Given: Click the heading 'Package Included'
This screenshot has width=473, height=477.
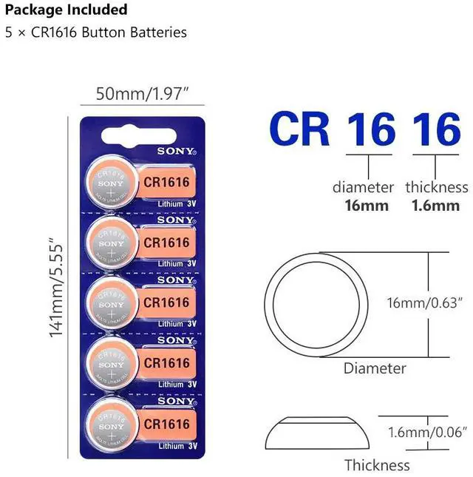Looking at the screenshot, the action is coord(66,10).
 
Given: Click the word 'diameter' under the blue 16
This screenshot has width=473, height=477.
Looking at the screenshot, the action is coord(363,187).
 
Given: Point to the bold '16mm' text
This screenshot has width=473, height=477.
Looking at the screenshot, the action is coord(367,205).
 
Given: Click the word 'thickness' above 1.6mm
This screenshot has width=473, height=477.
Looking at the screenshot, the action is coord(436,187).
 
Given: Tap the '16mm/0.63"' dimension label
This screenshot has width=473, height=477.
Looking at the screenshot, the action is coord(424,302).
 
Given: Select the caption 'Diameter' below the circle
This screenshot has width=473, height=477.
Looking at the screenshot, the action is coord(375,368).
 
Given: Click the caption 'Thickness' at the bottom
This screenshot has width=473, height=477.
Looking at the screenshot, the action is coord(376,465).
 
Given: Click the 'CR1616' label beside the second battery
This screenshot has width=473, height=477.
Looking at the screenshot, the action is coord(166,242).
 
